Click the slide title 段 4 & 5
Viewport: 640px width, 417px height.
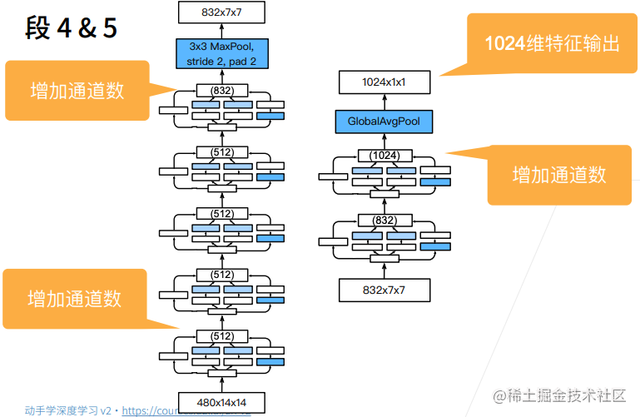(72, 28)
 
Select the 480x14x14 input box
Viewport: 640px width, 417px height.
(221, 403)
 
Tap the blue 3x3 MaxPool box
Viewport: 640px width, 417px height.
(221, 53)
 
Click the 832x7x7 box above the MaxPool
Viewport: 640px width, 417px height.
(221, 11)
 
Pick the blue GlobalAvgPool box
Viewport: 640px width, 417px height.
(384, 122)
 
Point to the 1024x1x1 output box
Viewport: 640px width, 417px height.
(384, 82)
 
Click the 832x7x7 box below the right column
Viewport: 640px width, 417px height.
(384, 289)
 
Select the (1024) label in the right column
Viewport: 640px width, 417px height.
(384, 155)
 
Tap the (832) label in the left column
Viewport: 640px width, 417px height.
(221, 89)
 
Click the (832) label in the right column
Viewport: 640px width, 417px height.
(384, 220)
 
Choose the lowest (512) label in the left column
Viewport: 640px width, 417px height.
(221, 335)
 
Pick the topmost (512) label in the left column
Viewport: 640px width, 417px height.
(221, 151)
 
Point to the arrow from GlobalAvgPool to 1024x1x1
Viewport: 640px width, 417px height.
(384, 102)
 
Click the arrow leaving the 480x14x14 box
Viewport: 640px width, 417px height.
(221, 382)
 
